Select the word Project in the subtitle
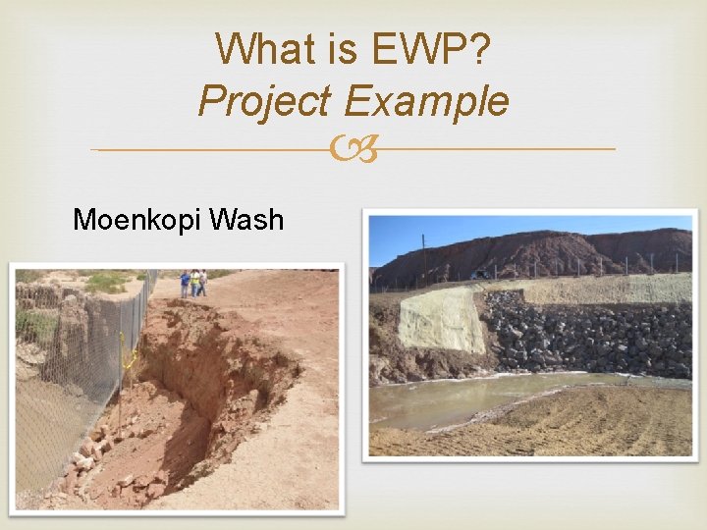point(263,101)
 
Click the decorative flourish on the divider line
point(353,150)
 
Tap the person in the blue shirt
point(185,284)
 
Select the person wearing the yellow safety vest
point(195,283)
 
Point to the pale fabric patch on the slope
point(441,320)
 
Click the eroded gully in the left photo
point(196,393)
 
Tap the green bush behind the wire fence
point(108,284)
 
